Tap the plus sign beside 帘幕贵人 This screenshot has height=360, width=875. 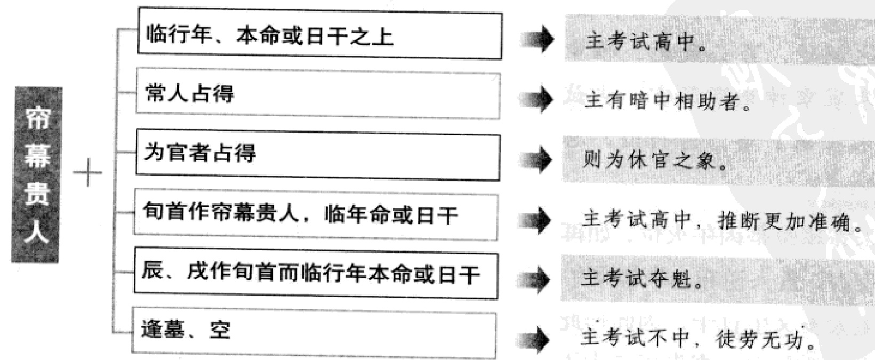[x=87, y=174]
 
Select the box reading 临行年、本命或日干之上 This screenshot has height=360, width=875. [x=319, y=36]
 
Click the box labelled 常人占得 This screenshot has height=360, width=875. [x=318, y=94]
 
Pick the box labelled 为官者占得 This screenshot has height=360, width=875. [x=318, y=155]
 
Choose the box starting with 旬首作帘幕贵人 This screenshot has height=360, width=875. [x=316, y=215]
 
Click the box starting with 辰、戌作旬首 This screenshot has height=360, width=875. [x=316, y=275]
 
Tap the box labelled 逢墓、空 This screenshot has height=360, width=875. [x=314, y=332]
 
